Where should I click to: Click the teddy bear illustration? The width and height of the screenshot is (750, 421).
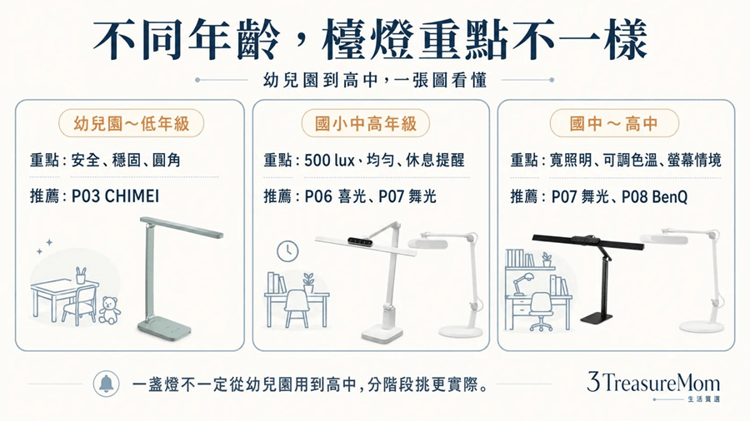110,310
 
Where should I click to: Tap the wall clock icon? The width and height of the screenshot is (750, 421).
287,251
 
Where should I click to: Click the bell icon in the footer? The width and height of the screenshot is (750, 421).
106,384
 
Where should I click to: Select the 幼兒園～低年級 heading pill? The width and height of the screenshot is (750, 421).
131,124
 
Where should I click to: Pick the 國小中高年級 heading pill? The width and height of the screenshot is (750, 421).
366,124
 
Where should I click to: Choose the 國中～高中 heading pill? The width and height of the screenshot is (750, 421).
614,124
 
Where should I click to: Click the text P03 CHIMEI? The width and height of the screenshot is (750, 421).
115,196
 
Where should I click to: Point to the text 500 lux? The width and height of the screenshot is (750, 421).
329,160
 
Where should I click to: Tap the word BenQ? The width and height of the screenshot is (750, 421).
670,196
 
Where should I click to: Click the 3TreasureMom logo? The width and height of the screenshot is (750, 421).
653,385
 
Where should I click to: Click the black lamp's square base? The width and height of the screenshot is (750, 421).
597,317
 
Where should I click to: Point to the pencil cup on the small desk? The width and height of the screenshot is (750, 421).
81,275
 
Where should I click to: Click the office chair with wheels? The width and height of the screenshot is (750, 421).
541,312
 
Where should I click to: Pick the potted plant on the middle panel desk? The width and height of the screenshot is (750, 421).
308,283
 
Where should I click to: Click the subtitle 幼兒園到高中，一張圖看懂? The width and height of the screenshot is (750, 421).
374,80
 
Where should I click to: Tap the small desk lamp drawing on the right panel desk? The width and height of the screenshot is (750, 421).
522,284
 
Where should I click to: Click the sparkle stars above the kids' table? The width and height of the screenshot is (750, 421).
44,247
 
